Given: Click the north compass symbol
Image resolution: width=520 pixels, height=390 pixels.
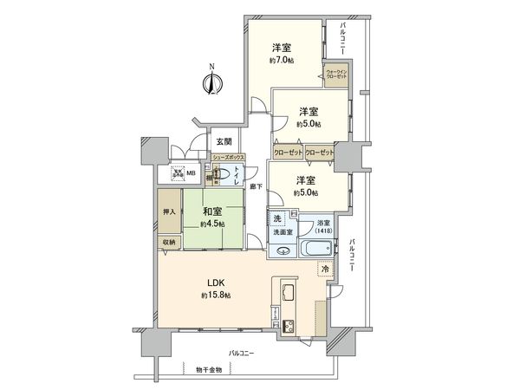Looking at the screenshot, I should (212, 82).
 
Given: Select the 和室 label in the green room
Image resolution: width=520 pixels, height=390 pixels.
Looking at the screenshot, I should (213, 210).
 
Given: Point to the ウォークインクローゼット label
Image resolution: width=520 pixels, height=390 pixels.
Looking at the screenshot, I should (337, 75).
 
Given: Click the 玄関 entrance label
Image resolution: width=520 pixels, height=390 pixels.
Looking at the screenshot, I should (224, 141).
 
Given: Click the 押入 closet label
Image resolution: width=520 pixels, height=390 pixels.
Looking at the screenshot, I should (169, 211).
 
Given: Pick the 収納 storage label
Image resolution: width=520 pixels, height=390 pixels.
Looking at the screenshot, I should (169, 242).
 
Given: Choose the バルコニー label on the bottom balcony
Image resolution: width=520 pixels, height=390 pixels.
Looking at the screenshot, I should (242, 354).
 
